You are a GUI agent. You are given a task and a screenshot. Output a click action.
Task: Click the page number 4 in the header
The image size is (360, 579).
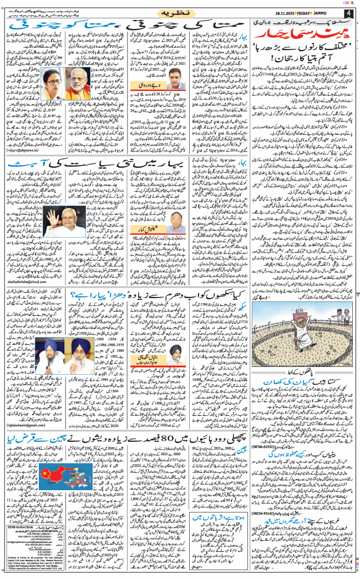point(348,13)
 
